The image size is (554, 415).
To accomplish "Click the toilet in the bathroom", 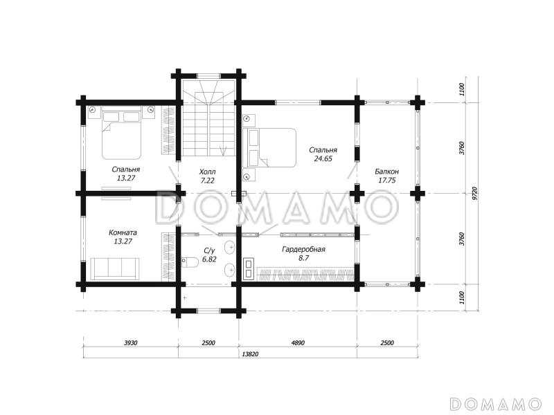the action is (190, 262).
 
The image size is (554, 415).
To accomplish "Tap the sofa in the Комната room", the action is (115, 268).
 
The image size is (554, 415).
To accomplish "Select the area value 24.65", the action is (323, 159).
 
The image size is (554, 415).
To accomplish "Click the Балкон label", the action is (387, 172).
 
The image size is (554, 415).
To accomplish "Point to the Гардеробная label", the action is (303, 250).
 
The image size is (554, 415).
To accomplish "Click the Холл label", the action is (207, 172).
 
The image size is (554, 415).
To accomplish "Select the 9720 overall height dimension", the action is (475, 194).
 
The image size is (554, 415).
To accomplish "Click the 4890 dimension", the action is (298, 342).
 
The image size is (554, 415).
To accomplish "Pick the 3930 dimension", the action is (131, 342).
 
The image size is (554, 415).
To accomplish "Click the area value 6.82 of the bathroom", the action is (209, 259).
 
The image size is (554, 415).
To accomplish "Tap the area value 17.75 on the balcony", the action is (387, 181).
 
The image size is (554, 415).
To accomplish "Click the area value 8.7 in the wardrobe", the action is (303, 258).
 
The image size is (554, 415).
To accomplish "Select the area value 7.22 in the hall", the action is (207, 181).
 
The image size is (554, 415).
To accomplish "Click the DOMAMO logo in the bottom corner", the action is (496, 403).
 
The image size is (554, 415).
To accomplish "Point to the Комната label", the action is (123, 233).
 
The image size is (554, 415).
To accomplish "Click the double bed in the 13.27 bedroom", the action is (122, 133).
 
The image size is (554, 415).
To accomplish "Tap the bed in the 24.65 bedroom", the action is (269, 147).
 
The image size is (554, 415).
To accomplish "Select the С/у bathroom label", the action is (209, 251).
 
